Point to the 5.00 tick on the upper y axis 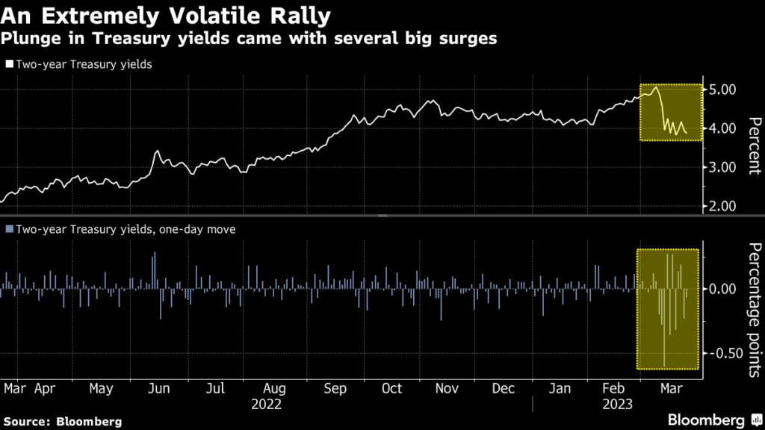pos(724,90)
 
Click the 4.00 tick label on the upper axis pos(724,129)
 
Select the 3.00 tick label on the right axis pos(724,168)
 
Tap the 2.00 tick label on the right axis pos(724,207)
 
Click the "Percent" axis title pos(754,145)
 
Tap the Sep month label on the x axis pos(336,389)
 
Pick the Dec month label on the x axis pos(504,389)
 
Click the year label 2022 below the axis pos(266,404)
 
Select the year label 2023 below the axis pos(617,404)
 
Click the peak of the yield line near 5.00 pos(655,88)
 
